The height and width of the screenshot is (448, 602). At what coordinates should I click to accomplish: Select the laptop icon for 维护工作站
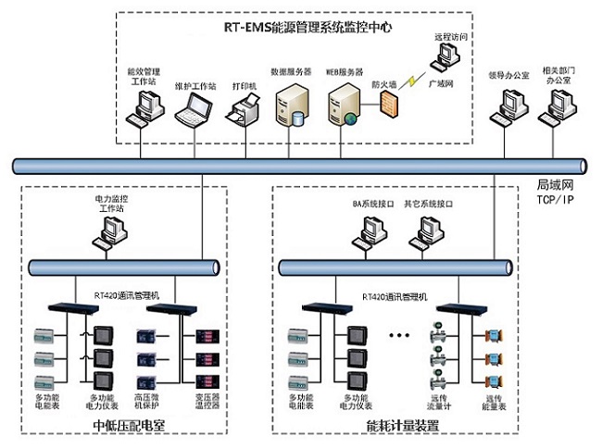[195, 109]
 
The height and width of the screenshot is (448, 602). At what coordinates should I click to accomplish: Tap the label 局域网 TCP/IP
[557, 192]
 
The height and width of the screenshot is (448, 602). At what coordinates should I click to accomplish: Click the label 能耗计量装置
[403, 427]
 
